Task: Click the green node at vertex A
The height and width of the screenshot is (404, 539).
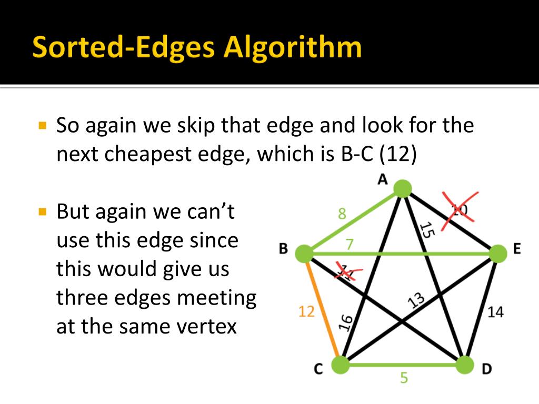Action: tap(402, 188)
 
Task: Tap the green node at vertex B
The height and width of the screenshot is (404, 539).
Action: tap(304, 254)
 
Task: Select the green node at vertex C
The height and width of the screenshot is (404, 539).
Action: tap(341, 365)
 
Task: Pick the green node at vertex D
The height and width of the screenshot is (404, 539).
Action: tap(464, 365)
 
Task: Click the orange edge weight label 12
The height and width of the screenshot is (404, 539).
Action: tap(306, 312)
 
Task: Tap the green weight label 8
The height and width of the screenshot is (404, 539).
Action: tap(342, 214)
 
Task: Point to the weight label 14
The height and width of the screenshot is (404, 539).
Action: tap(495, 312)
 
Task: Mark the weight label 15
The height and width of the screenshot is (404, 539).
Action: tap(426, 231)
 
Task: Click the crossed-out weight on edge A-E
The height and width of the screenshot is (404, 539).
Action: tap(459, 210)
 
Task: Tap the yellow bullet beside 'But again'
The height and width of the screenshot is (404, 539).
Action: tap(43, 213)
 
